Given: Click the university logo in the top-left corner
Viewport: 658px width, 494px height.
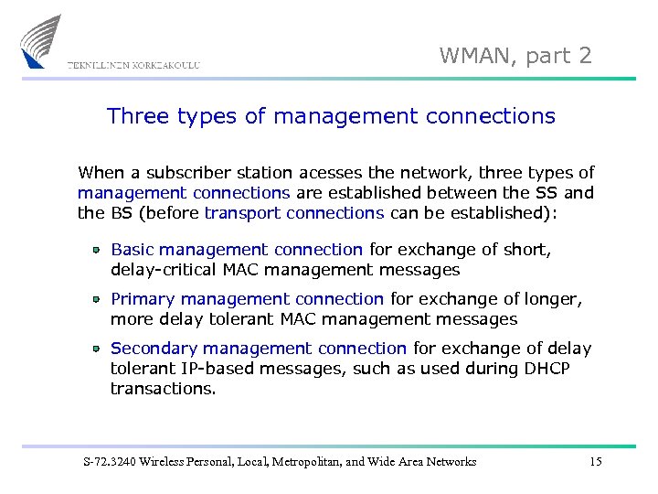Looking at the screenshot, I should point(42,41).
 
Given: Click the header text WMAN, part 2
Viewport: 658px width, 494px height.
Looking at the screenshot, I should point(515,56).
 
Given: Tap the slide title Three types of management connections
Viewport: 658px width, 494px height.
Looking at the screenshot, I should point(331,116).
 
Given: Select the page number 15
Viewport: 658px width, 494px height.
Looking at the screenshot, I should point(595,462).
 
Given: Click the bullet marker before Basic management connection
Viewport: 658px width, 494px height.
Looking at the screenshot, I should point(95,250).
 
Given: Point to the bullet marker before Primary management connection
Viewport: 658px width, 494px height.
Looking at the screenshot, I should point(95,299).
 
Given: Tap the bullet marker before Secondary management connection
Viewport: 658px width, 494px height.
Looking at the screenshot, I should point(95,349).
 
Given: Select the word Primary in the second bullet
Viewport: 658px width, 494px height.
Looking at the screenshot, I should point(143,299).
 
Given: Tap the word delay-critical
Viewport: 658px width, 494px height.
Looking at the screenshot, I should point(164,270).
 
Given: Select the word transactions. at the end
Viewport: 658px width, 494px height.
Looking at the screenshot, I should point(164,389).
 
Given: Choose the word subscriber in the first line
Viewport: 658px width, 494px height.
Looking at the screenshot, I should point(182,173).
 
